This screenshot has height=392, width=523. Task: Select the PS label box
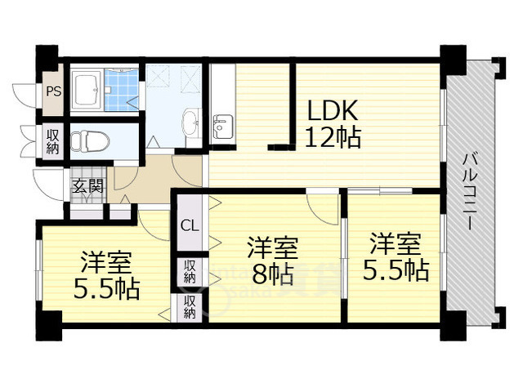tap(53, 92)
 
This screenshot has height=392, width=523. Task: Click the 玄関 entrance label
tap(87, 185)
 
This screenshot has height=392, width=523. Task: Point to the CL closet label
tap(189, 225)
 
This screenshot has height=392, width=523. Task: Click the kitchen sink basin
tap(221, 127)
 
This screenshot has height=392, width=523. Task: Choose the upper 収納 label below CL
tap(189, 270)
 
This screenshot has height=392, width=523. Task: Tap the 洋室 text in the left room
tap(106, 263)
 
